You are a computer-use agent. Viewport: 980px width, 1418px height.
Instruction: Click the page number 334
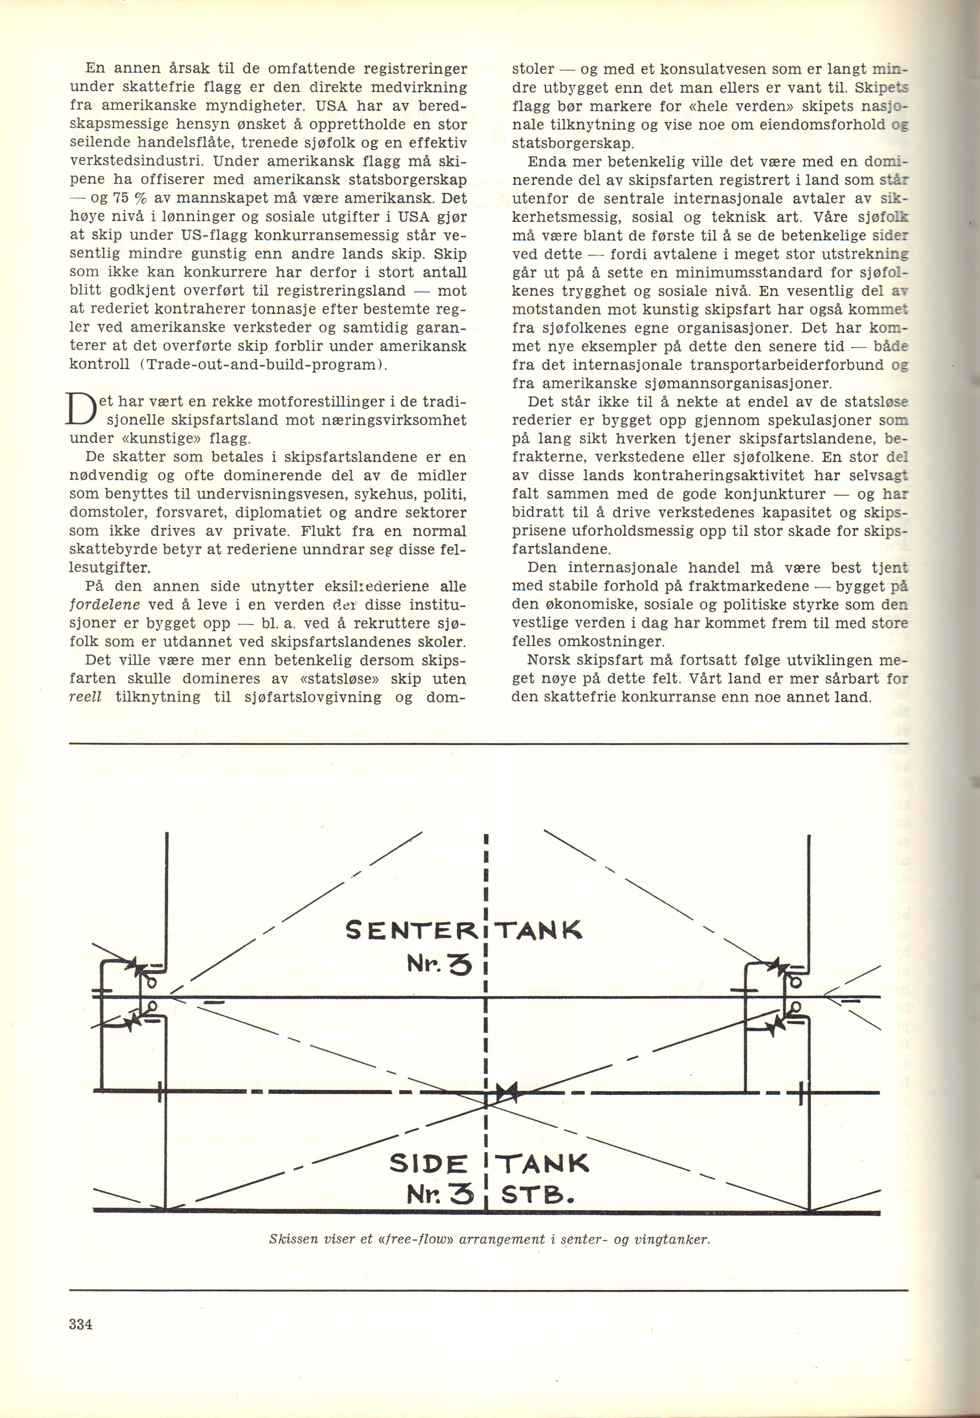point(80,1340)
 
